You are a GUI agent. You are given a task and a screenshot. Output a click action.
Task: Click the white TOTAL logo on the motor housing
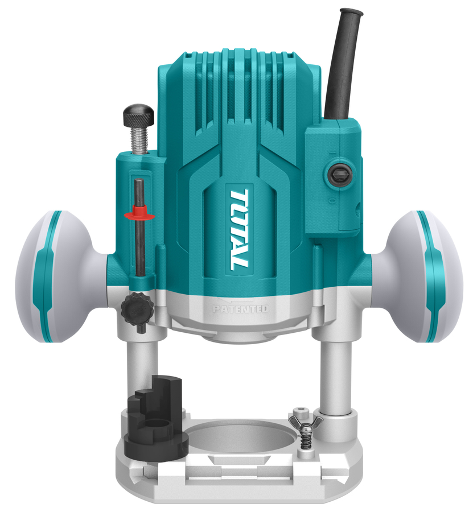(240, 230)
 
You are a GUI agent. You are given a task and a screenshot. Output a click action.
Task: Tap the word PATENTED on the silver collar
(240, 309)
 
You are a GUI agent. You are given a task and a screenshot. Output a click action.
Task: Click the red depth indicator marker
(140, 214)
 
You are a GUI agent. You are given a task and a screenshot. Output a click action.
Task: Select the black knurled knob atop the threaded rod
(138, 117)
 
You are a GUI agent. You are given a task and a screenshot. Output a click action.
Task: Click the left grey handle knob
(62, 276)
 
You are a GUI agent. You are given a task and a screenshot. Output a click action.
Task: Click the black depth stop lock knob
(138, 308)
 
